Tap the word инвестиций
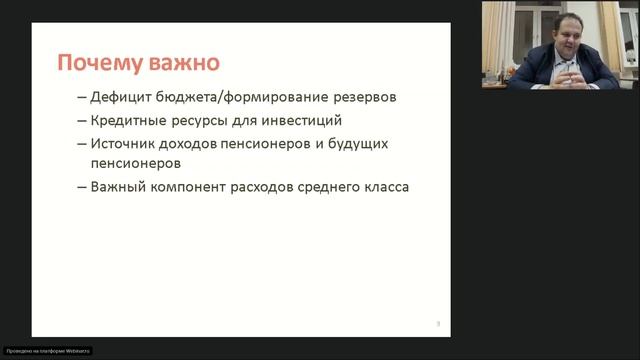pos(306,121)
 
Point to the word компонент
pos(203,187)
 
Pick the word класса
pos(420,187)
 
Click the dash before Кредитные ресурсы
pos(80,121)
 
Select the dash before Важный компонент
pos(80,187)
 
